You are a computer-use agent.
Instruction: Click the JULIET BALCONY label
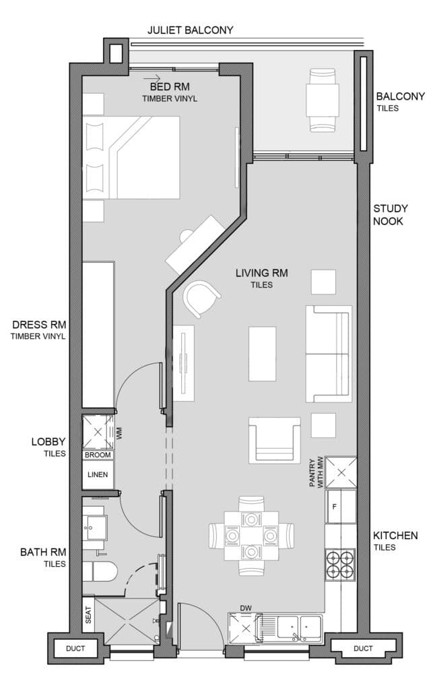click(x=190, y=30)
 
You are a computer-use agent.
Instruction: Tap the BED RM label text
click(x=170, y=87)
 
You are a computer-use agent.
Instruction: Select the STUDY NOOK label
click(x=391, y=215)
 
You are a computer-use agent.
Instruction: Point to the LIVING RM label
click(x=262, y=273)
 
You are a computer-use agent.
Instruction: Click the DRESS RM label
click(x=39, y=325)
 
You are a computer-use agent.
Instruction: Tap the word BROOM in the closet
click(x=98, y=455)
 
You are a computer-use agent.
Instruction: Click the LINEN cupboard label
click(x=98, y=474)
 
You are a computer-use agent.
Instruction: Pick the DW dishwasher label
click(x=246, y=608)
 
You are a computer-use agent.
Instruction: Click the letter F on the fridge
click(x=334, y=507)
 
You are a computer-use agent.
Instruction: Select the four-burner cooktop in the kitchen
click(x=340, y=565)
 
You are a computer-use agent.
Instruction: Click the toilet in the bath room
click(x=100, y=572)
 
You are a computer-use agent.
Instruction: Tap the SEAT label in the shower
click(x=88, y=615)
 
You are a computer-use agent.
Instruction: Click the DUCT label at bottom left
click(x=75, y=648)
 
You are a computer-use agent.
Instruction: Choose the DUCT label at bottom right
click(x=363, y=648)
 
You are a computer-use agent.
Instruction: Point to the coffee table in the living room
click(x=262, y=353)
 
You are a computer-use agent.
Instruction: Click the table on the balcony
click(x=323, y=100)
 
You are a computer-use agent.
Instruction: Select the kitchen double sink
click(x=299, y=626)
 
